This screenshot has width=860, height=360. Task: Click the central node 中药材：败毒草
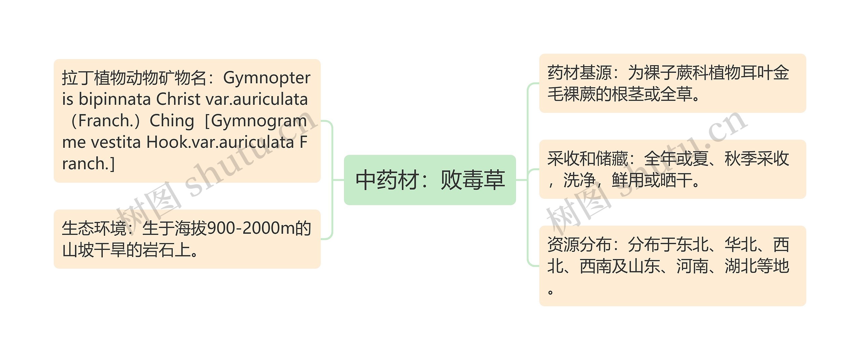click(430, 180)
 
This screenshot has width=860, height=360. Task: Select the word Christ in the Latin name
click(178, 99)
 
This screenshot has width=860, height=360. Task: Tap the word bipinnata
click(115, 99)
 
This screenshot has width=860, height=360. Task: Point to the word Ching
click(172, 121)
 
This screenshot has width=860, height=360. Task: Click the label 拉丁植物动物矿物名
click(134, 78)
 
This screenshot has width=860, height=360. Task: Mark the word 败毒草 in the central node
click(472, 180)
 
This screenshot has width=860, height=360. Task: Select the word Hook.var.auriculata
click(220, 142)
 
